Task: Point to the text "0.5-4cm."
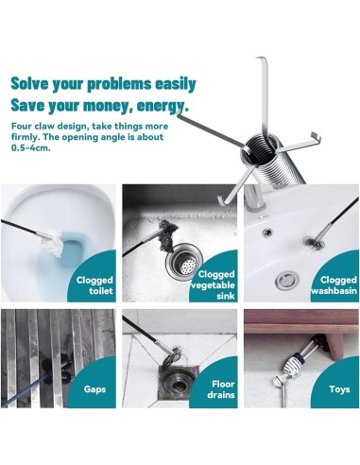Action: point(31,147)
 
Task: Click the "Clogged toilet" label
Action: point(94,285)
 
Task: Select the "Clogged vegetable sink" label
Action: point(214,285)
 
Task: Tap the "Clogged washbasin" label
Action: point(334,285)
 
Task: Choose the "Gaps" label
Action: point(94,389)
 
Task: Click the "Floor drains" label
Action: point(221,389)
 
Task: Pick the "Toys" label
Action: point(339,389)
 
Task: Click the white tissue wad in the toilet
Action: point(53,242)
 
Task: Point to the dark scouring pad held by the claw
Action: point(167,235)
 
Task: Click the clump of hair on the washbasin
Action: point(312,242)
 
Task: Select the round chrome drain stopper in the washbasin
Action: point(286,279)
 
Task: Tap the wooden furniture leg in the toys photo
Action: point(334,346)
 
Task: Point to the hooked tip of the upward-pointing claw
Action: point(261,59)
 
